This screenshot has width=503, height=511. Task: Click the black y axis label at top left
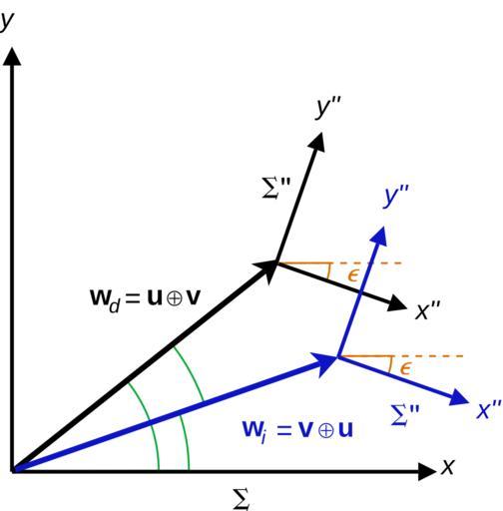(x=7, y=23)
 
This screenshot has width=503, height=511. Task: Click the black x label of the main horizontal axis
(x=447, y=466)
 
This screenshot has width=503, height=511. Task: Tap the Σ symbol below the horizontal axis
(x=242, y=499)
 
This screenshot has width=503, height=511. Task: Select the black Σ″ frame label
(x=276, y=188)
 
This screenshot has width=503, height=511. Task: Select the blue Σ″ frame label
(x=405, y=415)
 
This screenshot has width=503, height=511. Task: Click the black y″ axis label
(x=327, y=107)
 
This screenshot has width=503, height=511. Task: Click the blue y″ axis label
(x=396, y=196)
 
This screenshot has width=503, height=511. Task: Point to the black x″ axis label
(x=427, y=311)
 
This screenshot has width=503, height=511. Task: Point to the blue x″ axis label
(x=488, y=409)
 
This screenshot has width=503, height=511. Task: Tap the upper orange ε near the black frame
(x=353, y=275)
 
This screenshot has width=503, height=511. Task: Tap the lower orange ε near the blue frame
(x=405, y=368)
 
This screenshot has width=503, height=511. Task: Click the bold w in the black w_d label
(x=101, y=297)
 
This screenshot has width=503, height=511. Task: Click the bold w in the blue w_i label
(x=253, y=428)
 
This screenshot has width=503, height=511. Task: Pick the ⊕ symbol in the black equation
(x=175, y=298)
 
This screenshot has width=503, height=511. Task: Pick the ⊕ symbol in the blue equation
(x=326, y=430)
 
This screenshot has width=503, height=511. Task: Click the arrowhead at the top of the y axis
(x=12, y=57)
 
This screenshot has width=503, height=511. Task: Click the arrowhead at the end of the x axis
(x=427, y=471)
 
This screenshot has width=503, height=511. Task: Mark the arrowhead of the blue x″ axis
(x=459, y=397)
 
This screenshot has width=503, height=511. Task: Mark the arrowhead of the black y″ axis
(x=316, y=143)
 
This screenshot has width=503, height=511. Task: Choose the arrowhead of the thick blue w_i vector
(x=326, y=362)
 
